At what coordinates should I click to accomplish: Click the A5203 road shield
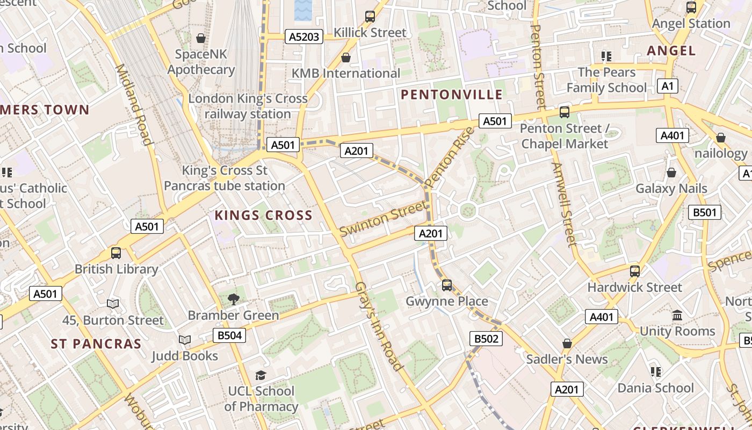pyautogui.click(x=304, y=37)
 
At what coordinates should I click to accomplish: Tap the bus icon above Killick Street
pyautogui.click(x=370, y=17)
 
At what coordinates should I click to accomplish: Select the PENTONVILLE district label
pyautogui.click(x=452, y=95)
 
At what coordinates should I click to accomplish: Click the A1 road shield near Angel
pyautogui.click(x=667, y=86)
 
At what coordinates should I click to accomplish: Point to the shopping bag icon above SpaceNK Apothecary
pyautogui.click(x=201, y=38)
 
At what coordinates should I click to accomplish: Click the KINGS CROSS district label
pyautogui.click(x=263, y=216)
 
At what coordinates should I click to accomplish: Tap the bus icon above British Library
pyautogui.click(x=115, y=253)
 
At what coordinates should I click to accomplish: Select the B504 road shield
pyautogui.click(x=229, y=336)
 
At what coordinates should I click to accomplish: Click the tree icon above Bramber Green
pyautogui.click(x=233, y=299)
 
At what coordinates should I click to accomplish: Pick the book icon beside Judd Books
pyautogui.click(x=185, y=340)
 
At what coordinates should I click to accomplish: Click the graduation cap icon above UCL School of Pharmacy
pyautogui.click(x=261, y=375)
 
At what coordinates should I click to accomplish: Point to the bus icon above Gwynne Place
pyautogui.click(x=447, y=285)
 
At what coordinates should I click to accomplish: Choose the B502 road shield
pyautogui.click(x=486, y=339)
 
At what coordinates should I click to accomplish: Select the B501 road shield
pyautogui.click(x=704, y=212)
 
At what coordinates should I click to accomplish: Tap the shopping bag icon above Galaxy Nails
pyautogui.click(x=671, y=173)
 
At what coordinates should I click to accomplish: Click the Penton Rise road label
pyautogui.click(x=450, y=157)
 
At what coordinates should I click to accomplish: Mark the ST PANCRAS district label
pyautogui.click(x=96, y=344)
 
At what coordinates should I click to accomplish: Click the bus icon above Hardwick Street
pyautogui.click(x=635, y=271)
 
